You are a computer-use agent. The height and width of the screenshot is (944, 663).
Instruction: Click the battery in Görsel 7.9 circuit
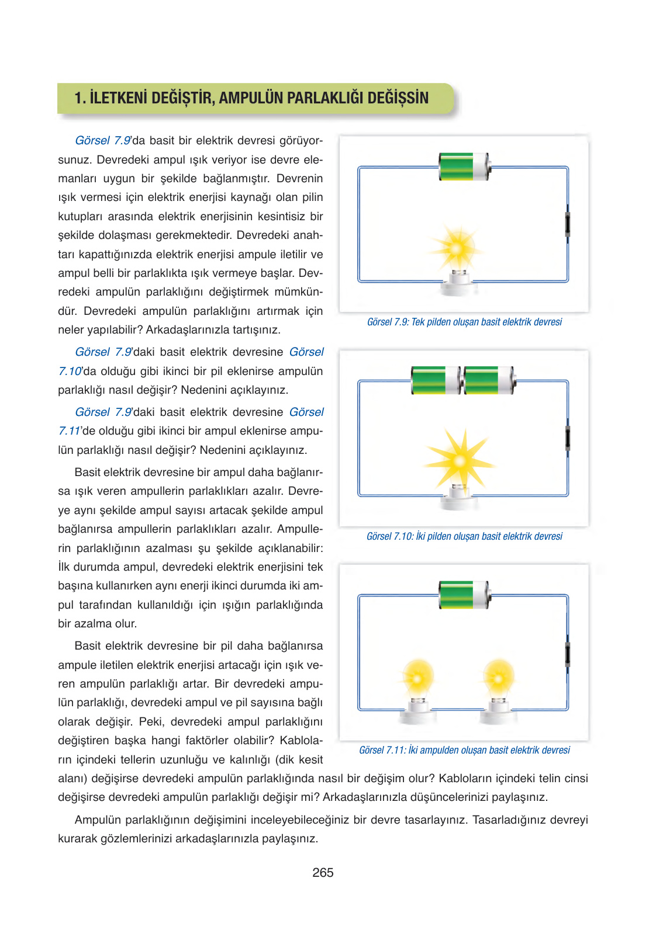[x=464, y=167]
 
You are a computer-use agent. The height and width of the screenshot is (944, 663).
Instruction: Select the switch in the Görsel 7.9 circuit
[x=567, y=224]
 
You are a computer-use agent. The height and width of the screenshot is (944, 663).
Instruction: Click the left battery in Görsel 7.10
[x=436, y=380]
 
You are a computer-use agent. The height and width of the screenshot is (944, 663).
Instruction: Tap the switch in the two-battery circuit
[x=567, y=438]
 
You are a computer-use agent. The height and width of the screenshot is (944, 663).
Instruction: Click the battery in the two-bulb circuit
[x=464, y=595]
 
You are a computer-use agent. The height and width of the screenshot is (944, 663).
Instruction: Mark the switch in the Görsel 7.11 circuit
[x=567, y=654]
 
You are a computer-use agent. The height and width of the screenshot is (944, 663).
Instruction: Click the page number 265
[x=323, y=873]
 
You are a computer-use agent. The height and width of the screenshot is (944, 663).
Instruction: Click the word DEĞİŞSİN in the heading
[x=398, y=98]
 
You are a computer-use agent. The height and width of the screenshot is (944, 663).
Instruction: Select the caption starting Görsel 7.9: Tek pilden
[x=464, y=322]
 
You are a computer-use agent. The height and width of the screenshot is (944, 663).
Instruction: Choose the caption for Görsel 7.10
[x=464, y=536]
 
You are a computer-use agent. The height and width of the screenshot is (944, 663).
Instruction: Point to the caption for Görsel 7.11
[x=464, y=750]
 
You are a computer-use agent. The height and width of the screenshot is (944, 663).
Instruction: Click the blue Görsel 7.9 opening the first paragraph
[x=102, y=141]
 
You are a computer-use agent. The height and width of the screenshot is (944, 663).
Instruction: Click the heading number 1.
[x=79, y=98]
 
